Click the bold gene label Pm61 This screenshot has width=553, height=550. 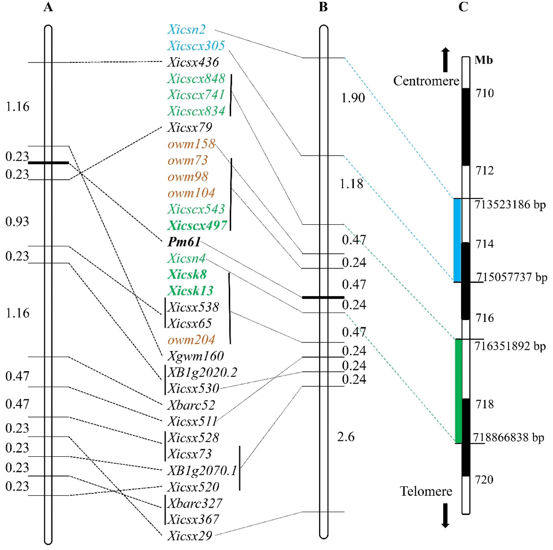pos(184,242)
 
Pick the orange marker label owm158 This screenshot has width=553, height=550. pos(191,144)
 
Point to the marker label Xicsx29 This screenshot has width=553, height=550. pos(189,536)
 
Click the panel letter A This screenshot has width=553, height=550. pos(48,7)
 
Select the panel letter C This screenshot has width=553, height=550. pos(463,7)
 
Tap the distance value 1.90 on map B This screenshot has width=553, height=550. pos(353,98)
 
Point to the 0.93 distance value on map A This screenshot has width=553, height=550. pos(17,222)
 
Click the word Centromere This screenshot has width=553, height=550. pos(426,81)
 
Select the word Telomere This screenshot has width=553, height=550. pos(426,491)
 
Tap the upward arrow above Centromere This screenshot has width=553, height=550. pos(445,59)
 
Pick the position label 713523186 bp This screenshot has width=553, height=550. pos(510,205)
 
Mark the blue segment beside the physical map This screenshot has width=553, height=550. pos(457,240)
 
